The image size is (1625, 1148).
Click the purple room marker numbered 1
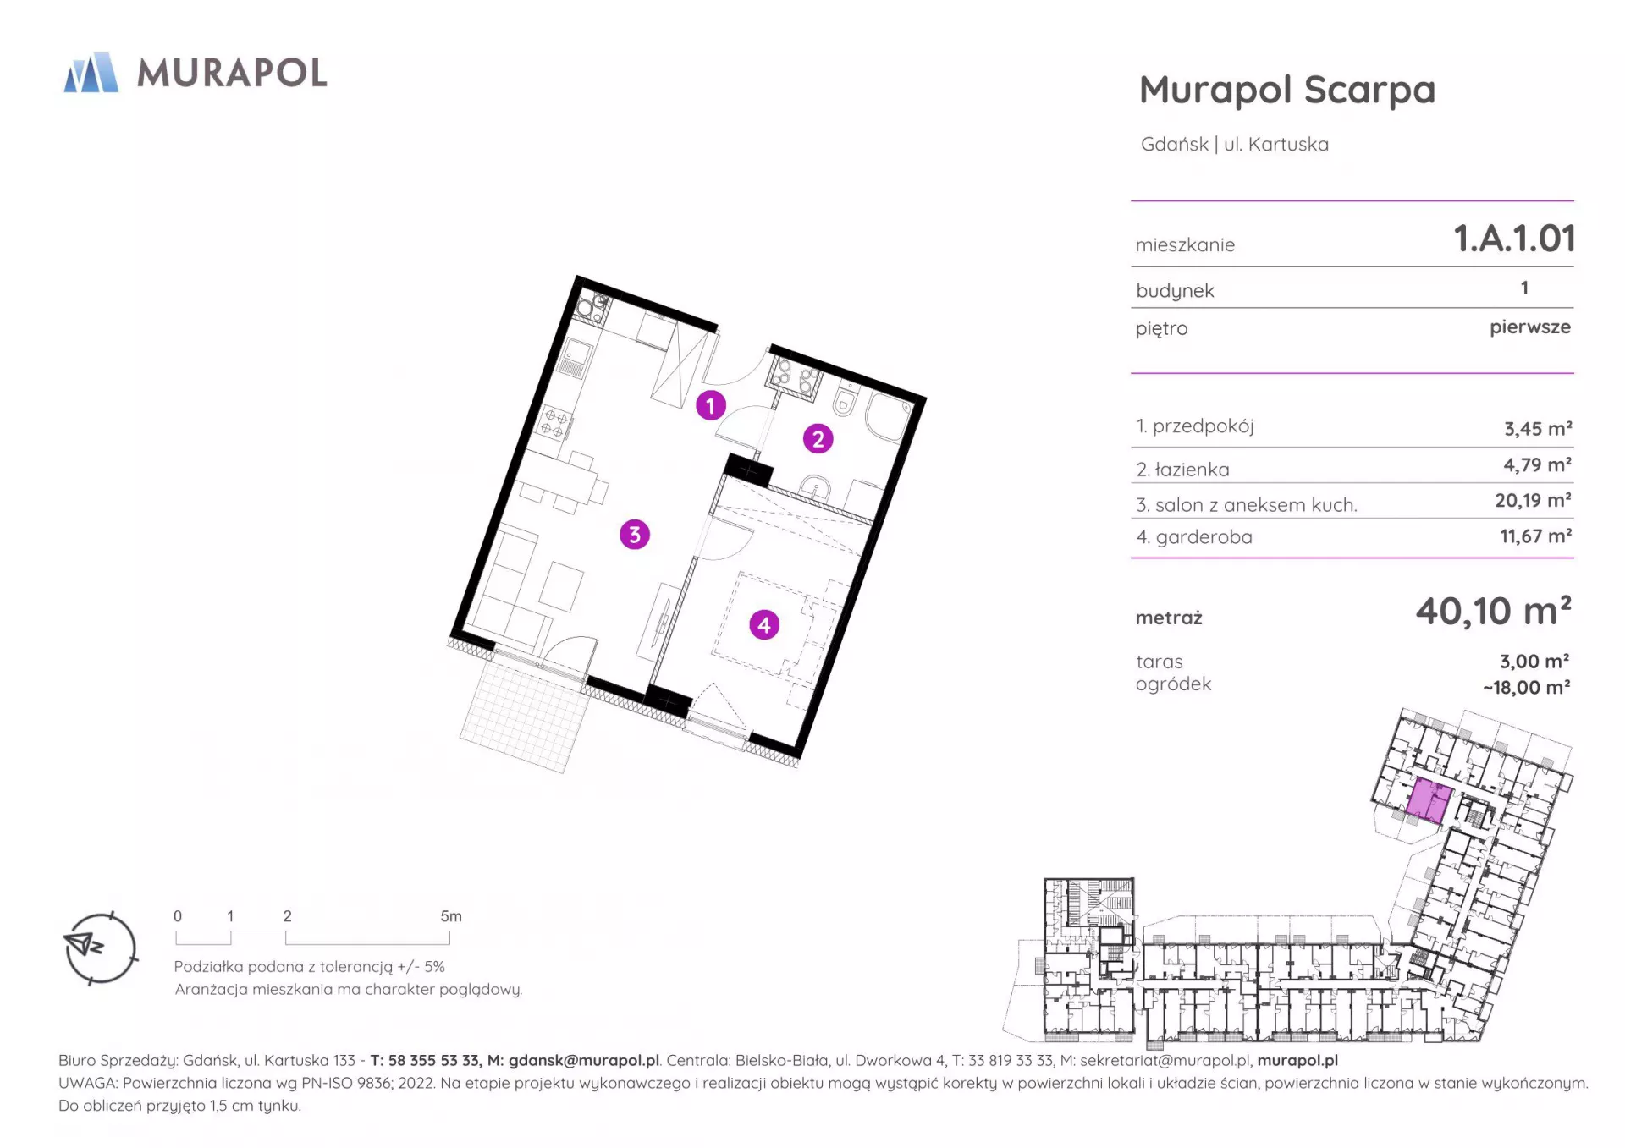(711, 405)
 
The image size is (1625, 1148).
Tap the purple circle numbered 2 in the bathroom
(818, 438)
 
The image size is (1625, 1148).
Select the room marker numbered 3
(635, 535)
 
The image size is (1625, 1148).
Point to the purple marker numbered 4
(764, 625)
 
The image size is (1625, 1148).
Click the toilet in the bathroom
(845, 400)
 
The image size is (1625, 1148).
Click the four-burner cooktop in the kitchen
(554, 421)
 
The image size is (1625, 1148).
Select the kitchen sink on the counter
(575, 356)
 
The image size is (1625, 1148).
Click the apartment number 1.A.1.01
(1514, 239)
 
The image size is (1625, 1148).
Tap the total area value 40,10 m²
(1494, 611)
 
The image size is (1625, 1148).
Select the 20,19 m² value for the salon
(1533, 500)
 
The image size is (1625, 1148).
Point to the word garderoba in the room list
(1204, 537)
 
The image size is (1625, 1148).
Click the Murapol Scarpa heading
(1287, 91)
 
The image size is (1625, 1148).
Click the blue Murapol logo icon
(91, 72)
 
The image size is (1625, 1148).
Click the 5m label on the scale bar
(451, 916)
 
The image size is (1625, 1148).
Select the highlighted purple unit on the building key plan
(1429, 801)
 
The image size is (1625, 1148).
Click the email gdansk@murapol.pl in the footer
(583, 1060)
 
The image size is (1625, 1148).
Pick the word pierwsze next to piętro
(1530, 327)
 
